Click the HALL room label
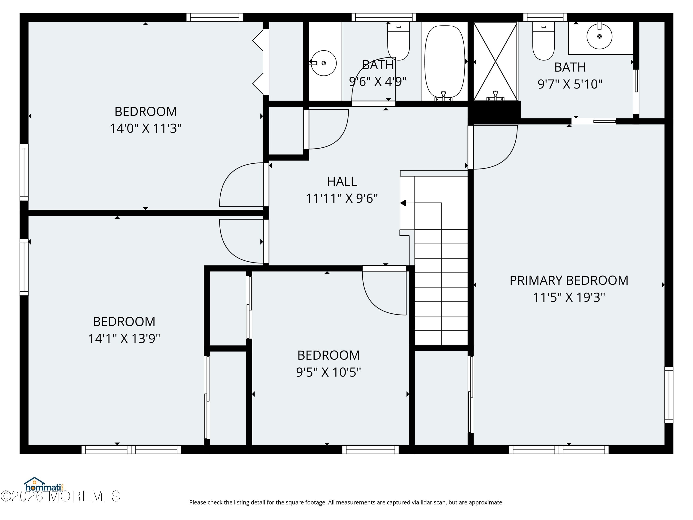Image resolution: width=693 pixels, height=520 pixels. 342,181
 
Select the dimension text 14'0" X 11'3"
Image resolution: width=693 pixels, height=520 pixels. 146,128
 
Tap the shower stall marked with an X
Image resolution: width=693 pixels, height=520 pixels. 495,61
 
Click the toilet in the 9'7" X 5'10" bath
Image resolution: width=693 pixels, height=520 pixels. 544,41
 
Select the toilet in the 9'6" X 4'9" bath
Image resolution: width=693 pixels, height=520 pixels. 398,41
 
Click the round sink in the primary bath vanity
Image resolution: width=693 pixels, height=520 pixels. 599,36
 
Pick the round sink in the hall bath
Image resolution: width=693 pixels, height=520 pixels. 324,63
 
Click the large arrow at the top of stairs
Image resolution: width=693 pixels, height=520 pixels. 403,203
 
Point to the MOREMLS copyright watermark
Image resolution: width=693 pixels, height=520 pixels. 60,496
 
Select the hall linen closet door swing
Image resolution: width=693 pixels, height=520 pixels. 327,129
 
